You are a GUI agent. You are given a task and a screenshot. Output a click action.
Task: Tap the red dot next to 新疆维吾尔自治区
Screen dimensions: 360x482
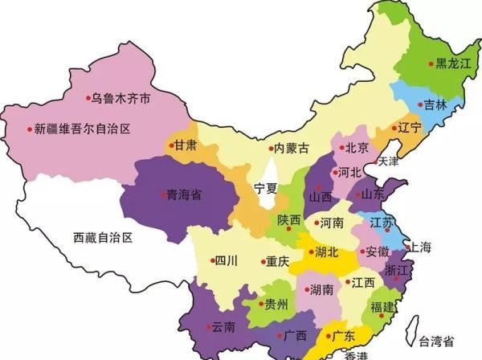30,129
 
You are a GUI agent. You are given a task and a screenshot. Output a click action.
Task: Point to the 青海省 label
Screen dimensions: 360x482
183,194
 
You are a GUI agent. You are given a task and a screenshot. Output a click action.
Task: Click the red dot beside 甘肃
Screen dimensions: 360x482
171,145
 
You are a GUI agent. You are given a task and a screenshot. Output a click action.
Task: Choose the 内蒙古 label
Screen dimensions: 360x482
290,148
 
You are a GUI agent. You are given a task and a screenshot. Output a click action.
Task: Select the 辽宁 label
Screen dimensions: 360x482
410,127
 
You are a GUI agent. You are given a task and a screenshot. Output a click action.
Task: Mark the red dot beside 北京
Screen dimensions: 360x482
341,148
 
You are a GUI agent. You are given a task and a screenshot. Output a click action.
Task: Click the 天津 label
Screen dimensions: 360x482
388,161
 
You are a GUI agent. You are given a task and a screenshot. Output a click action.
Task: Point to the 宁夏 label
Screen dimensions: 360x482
265,188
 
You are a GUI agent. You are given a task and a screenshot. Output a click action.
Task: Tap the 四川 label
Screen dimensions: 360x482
227,260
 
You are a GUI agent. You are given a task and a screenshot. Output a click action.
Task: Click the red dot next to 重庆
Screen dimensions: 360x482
263,261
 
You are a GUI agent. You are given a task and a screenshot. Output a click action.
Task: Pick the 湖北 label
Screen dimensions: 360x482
326,252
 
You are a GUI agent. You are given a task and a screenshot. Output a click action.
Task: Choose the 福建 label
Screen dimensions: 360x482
382,307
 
